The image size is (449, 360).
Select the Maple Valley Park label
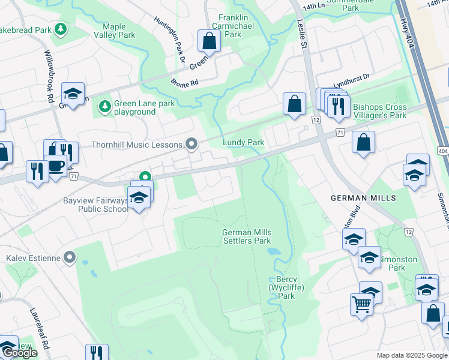click(114, 31)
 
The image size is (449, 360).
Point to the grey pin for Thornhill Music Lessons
click(192, 143)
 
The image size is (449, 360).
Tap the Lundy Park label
click(244, 142)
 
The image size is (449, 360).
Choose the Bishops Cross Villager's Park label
click(380, 111)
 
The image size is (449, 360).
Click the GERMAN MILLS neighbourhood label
click(364, 197)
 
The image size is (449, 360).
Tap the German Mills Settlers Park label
click(247, 236)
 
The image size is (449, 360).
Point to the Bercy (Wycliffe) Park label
click(286, 287)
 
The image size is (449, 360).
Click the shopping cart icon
click(361, 304)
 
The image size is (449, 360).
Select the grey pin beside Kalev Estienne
click(70, 257)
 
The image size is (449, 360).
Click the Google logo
click(19, 353)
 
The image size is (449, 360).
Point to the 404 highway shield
click(442, 151)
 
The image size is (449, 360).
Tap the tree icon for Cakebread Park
click(60, 29)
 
